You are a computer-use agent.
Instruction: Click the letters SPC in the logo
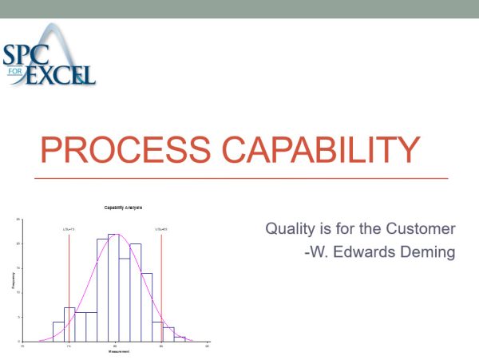26,56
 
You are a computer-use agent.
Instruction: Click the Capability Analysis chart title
123,208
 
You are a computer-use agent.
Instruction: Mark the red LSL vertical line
69,287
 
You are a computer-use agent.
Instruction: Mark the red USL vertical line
161,287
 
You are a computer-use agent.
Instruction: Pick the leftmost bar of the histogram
58,332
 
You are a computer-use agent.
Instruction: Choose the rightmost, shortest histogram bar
179,338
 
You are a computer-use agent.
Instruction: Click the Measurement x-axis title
115,352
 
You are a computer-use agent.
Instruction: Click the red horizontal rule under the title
239,177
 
